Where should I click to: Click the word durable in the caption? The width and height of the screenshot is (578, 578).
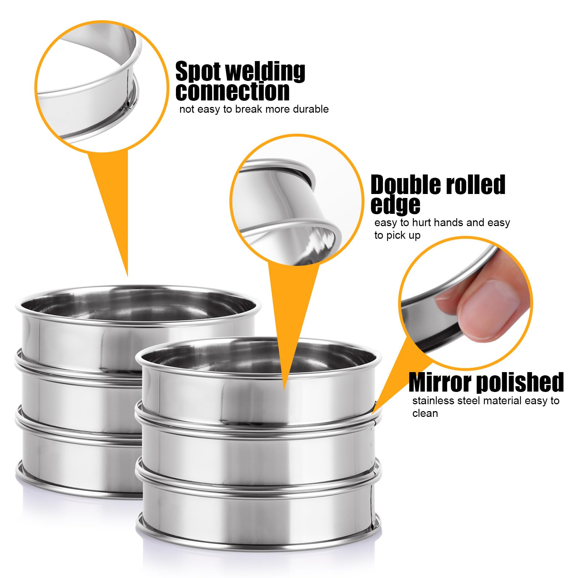(311, 109)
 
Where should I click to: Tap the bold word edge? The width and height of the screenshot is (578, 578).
(396, 205)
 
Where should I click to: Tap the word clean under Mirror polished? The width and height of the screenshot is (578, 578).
(425, 413)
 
